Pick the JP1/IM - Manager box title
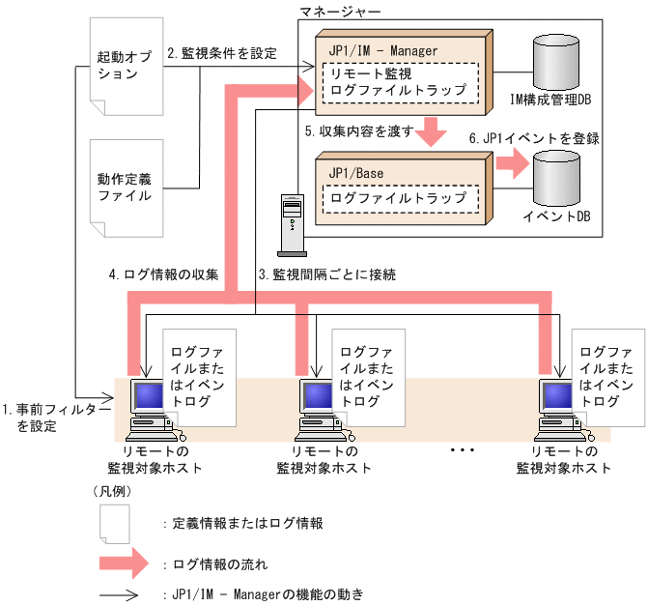coord(382,50)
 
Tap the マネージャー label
coord(342,12)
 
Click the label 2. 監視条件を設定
coord(221,54)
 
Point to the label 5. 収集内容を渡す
coord(358,130)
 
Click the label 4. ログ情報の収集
coord(163,274)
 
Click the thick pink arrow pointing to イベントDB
coord(511,162)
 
